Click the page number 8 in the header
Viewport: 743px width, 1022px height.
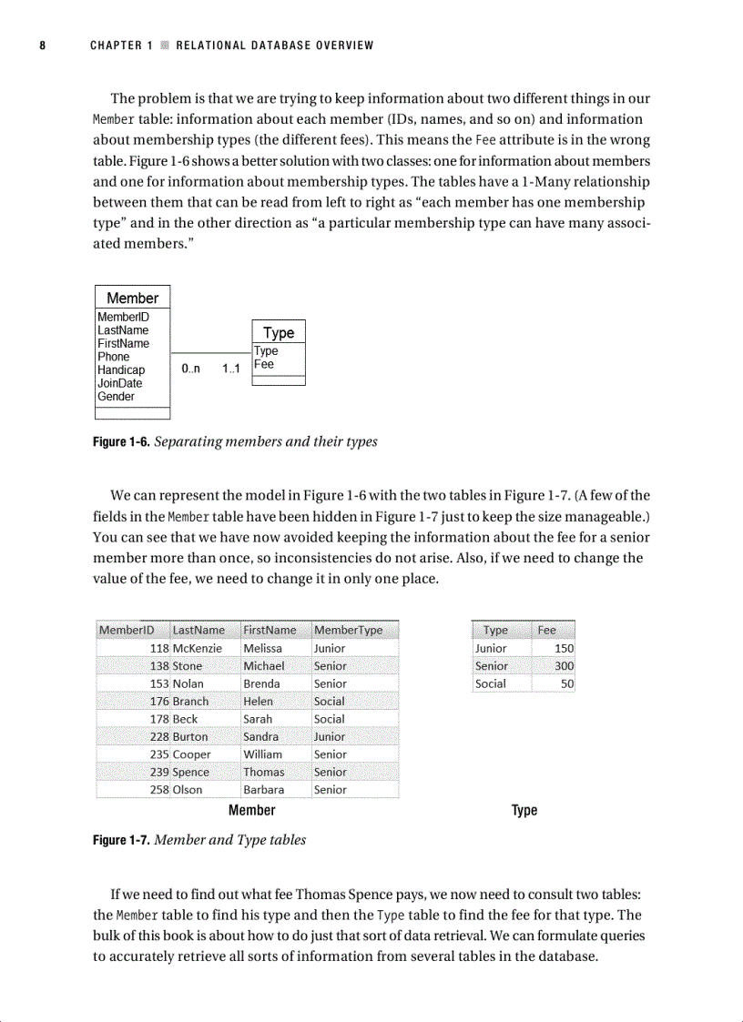(x=42, y=46)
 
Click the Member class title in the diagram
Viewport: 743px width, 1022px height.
(x=132, y=298)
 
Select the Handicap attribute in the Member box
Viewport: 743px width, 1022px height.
(x=121, y=370)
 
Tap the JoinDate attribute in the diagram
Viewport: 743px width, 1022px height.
(x=120, y=383)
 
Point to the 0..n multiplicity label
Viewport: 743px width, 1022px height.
(x=190, y=369)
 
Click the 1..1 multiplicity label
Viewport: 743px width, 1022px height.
(x=230, y=369)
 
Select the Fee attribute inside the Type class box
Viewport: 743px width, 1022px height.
(x=263, y=364)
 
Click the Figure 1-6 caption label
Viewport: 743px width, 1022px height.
(x=122, y=442)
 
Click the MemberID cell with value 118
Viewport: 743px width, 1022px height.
(x=159, y=648)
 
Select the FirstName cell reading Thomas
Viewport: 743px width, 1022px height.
(x=264, y=772)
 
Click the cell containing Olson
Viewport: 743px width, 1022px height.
(x=188, y=790)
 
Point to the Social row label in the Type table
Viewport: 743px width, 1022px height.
(x=491, y=683)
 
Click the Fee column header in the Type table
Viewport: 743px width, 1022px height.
(x=547, y=630)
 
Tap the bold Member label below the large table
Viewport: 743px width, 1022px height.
(x=251, y=810)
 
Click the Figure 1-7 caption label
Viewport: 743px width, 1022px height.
(x=122, y=840)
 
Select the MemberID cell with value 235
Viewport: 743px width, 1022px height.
(x=159, y=754)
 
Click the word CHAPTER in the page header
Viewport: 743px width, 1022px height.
(x=116, y=46)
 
